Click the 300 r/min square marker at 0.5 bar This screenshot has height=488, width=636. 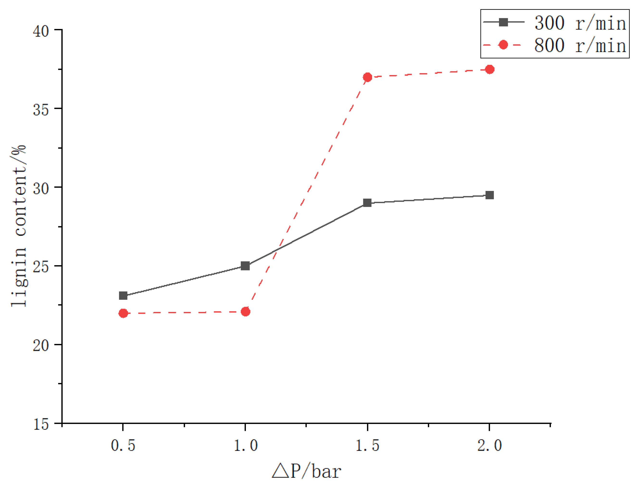tap(123, 296)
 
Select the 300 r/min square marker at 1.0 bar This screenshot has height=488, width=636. tap(245, 266)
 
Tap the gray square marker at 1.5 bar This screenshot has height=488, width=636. tap(368, 203)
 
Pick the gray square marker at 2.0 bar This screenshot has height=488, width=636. tap(490, 195)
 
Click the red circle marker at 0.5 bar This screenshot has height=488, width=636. tap(123, 313)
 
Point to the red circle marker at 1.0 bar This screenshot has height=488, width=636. tap(245, 312)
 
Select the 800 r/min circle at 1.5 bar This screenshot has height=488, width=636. tap(368, 77)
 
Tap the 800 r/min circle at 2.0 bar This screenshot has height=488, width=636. tap(490, 69)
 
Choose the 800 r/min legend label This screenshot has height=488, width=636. tap(580, 45)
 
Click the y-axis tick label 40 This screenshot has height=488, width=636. tap(41, 31)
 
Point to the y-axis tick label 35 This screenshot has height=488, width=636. tap(41, 110)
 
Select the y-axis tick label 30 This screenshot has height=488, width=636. tap(41, 188)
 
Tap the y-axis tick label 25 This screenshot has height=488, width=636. tap(41, 267)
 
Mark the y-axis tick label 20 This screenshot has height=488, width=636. tap(41, 345)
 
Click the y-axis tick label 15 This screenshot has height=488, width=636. tap(41, 424)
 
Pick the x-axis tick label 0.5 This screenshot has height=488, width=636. tap(123, 445)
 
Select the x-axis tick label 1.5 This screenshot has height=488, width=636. tap(368, 445)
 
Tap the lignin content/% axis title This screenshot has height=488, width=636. tap(18, 226)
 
